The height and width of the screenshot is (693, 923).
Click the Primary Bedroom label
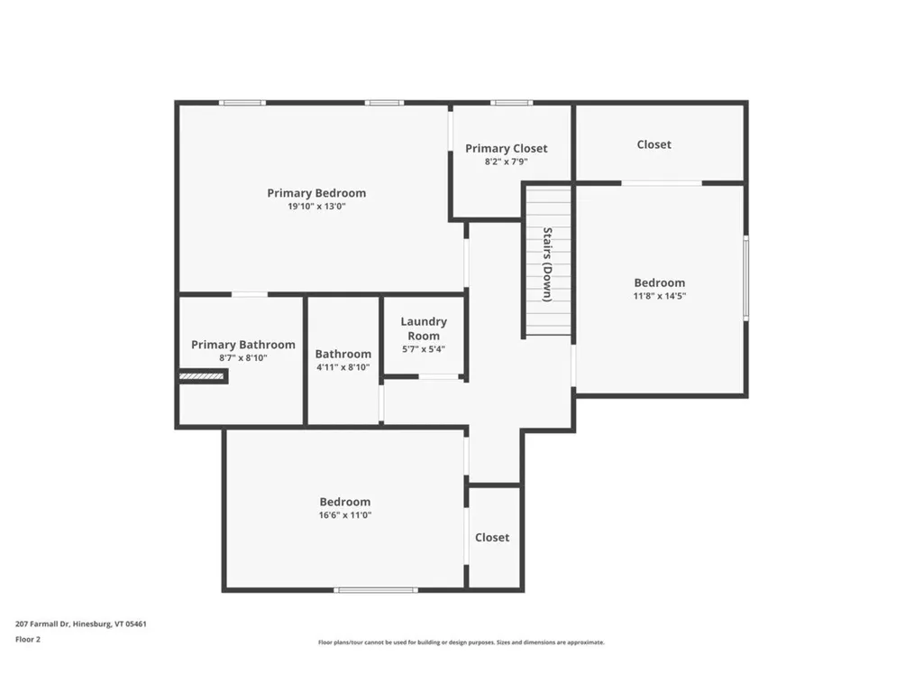click(x=316, y=193)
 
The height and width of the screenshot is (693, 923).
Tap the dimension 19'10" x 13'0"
click(x=316, y=207)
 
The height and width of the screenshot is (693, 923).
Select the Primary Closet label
click(x=506, y=149)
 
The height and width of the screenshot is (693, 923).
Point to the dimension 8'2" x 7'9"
click(x=506, y=162)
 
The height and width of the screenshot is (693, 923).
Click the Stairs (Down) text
click(x=547, y=263)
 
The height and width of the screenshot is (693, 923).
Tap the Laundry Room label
click(x=423, y=328)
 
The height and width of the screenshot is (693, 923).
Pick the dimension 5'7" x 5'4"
click(x=423, y=349)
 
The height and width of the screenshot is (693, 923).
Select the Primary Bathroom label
click(x=242, y=345)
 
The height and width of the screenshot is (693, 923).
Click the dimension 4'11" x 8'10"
click(x=343, y=368)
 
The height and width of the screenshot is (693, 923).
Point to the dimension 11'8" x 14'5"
click(x=659, y=296)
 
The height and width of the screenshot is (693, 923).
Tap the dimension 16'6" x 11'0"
click(x=344, y=515)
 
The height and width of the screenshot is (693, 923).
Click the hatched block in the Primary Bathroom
click(x=203, y=377)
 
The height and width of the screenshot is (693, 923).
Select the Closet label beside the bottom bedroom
click(x=492, y=538)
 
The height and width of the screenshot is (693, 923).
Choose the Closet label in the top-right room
click(x=653, y=144)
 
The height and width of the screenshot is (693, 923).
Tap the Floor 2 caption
click(x=28, y=640)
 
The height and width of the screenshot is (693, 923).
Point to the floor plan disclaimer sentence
click(x=461, y=642)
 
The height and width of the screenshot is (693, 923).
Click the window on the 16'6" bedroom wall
click(x=376, y=590)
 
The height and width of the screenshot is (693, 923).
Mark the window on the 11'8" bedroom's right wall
click(x=745, y=277)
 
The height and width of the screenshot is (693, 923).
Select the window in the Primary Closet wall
click(x=511, y=103)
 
